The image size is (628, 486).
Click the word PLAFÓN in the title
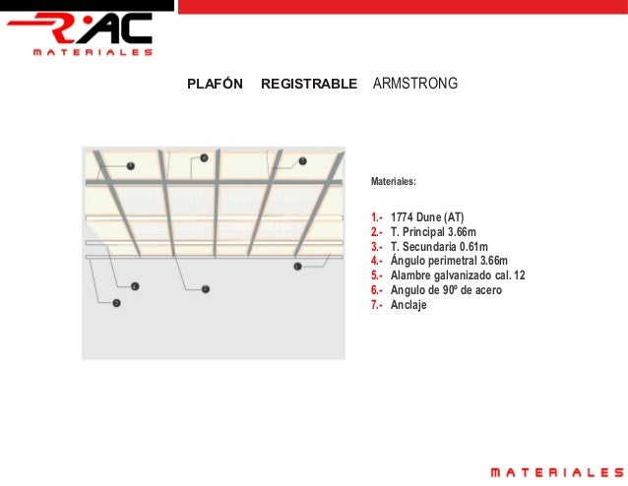tap(215, 85)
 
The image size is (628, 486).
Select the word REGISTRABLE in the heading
tap(308, 85)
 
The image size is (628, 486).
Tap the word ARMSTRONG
tap(415, 85)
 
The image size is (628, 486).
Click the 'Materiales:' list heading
tap(393, 182)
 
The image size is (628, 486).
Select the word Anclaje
tap(408, 305)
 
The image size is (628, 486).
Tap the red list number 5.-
tap(377, 275)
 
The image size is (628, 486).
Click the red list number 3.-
tap(377, 246)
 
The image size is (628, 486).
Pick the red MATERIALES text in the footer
tap(557, 473)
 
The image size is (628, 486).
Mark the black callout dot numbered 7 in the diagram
tap(116, 303)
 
